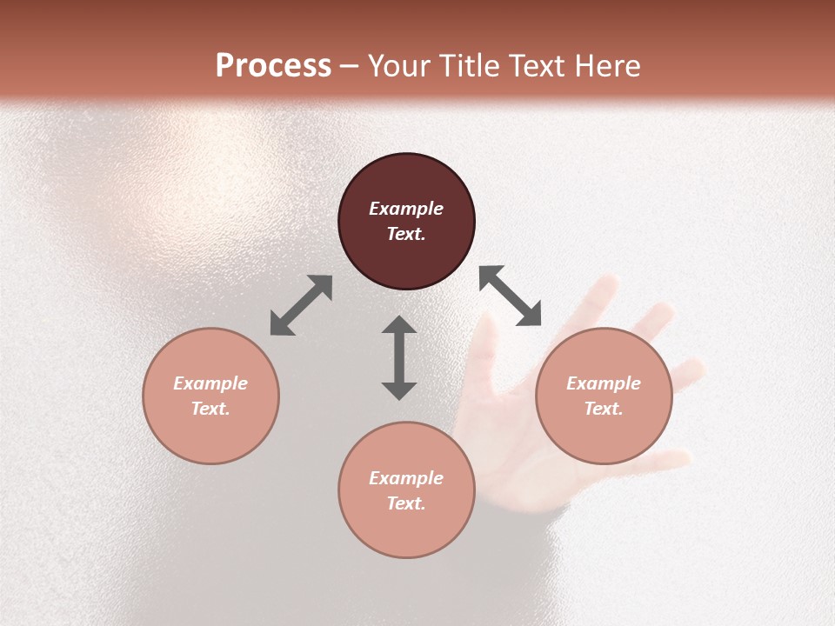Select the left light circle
210,396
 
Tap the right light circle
604,396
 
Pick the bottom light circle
406,489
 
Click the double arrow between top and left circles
301,305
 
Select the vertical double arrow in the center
399,357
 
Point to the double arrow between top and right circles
510,296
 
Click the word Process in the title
273,66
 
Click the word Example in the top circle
406,209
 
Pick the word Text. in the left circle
210,409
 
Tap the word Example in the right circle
604,383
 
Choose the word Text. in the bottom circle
406,503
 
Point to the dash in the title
350,67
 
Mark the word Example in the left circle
210,383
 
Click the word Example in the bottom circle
406,478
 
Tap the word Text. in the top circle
406,234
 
